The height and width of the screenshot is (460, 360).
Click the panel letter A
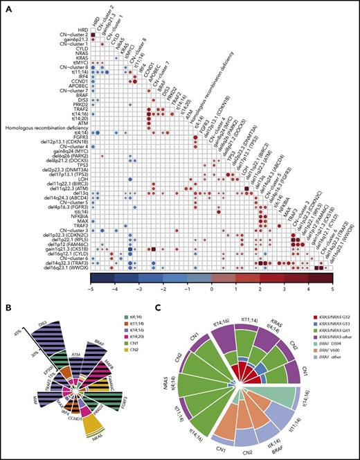(6, 6)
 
